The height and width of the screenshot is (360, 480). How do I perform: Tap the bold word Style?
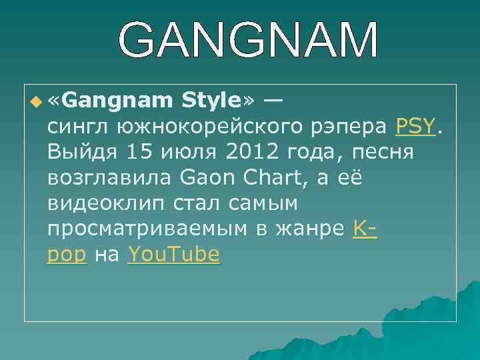[x=209, y=101]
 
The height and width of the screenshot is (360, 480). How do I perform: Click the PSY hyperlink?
[x=415, y=126]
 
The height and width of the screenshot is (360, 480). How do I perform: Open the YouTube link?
[x=173, y=254]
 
